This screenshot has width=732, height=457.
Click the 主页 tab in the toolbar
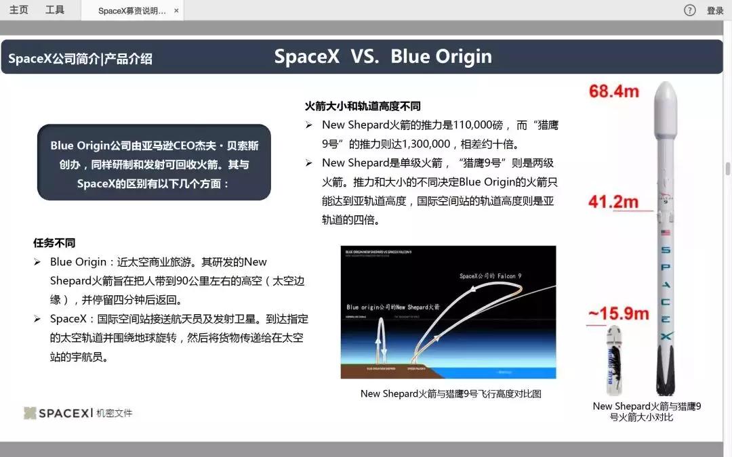[x=19, y=10]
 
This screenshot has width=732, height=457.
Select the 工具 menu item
[x=55, y=10]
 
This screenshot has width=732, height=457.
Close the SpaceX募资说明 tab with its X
[x=177, y=11]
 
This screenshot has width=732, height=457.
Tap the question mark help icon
[x=690, y=10]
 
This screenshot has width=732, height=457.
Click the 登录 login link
[x=715, y=11]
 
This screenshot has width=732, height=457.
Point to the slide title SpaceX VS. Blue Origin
[x=383, y=57]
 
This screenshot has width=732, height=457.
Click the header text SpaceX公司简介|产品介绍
[x=80, y=59]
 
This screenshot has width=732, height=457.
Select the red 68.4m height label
[x=613, y=91]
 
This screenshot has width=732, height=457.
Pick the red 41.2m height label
[x=613, y=202]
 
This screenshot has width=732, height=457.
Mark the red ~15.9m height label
[x=617, y=314]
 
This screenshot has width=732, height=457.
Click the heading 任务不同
[x=54, y=243]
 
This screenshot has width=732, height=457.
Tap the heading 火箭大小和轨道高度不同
[x=363, y=106]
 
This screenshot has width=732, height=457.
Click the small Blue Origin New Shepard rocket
[x=614, y=359]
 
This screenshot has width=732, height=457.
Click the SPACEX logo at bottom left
[x=56, y=413]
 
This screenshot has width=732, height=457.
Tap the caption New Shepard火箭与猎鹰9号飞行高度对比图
[x=451, y=393]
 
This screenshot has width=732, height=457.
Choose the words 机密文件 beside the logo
[x=114, y=413]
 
